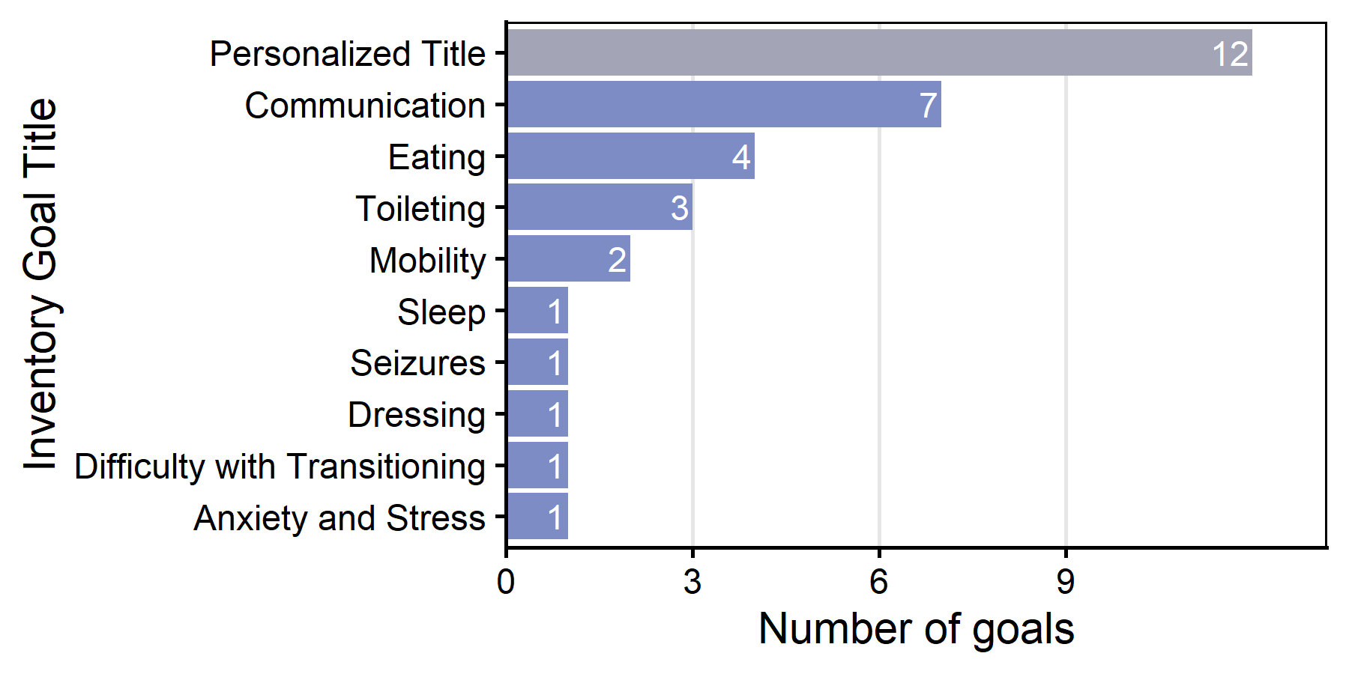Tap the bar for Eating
click(x=630, y=156)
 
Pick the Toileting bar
click(x=599, y=207)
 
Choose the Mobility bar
click(x=568, y=259)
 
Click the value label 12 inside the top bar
click(x=1230, y=54)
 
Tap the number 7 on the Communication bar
click(x=928, y=106)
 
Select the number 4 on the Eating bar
click(x=740, y=157)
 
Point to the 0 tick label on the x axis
click(x=506, y=582)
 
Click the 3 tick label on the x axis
click(x=692, y=582)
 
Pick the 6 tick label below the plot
click(x=879, y=582)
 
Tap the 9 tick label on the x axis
click(x=1066, y=582)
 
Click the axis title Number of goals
click(x=916, y=629)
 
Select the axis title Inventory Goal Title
click(x=40, y=285)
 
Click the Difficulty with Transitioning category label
click(x=280, y=467)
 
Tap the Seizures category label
click(x=417, y=363)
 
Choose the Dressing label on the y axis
click(x=416, y=415)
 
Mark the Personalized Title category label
click(x=347, y=54)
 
